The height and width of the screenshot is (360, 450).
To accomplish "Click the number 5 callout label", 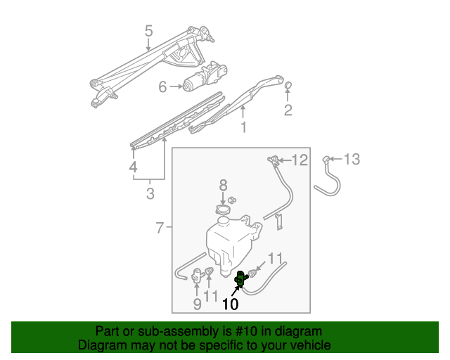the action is (x=148, y=31).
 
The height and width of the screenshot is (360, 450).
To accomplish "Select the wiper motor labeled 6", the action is (x=205, y=77).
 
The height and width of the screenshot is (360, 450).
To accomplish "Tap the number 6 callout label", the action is (x=162, y=86).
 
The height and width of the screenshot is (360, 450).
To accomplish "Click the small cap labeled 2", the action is (x=288, y=85).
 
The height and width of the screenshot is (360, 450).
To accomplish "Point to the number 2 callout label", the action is (x=288, y=110).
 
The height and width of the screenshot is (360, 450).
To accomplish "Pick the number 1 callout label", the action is (x=244, y=127).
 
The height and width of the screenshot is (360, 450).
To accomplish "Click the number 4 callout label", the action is (x=133, y=167).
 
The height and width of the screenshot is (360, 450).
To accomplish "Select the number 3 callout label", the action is (x=150, y=193).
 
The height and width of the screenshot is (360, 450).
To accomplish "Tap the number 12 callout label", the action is (x=300, y=160).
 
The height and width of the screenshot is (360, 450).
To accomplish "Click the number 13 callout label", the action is (x=352, y=159).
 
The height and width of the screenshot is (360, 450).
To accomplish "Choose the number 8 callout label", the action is (x=224, y=185).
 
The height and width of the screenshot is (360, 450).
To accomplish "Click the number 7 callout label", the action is (x=160, y=228).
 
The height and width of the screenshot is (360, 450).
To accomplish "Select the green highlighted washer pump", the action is (x=240, y=279).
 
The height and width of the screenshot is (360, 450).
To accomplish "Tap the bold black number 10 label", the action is (x=231, y=304).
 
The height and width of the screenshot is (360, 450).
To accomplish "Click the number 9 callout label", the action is (x=197, y=304).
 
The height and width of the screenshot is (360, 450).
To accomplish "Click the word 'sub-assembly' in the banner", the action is (x=179, y=331).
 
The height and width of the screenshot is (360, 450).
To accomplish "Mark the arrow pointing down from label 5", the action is (x=148, y=45).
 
